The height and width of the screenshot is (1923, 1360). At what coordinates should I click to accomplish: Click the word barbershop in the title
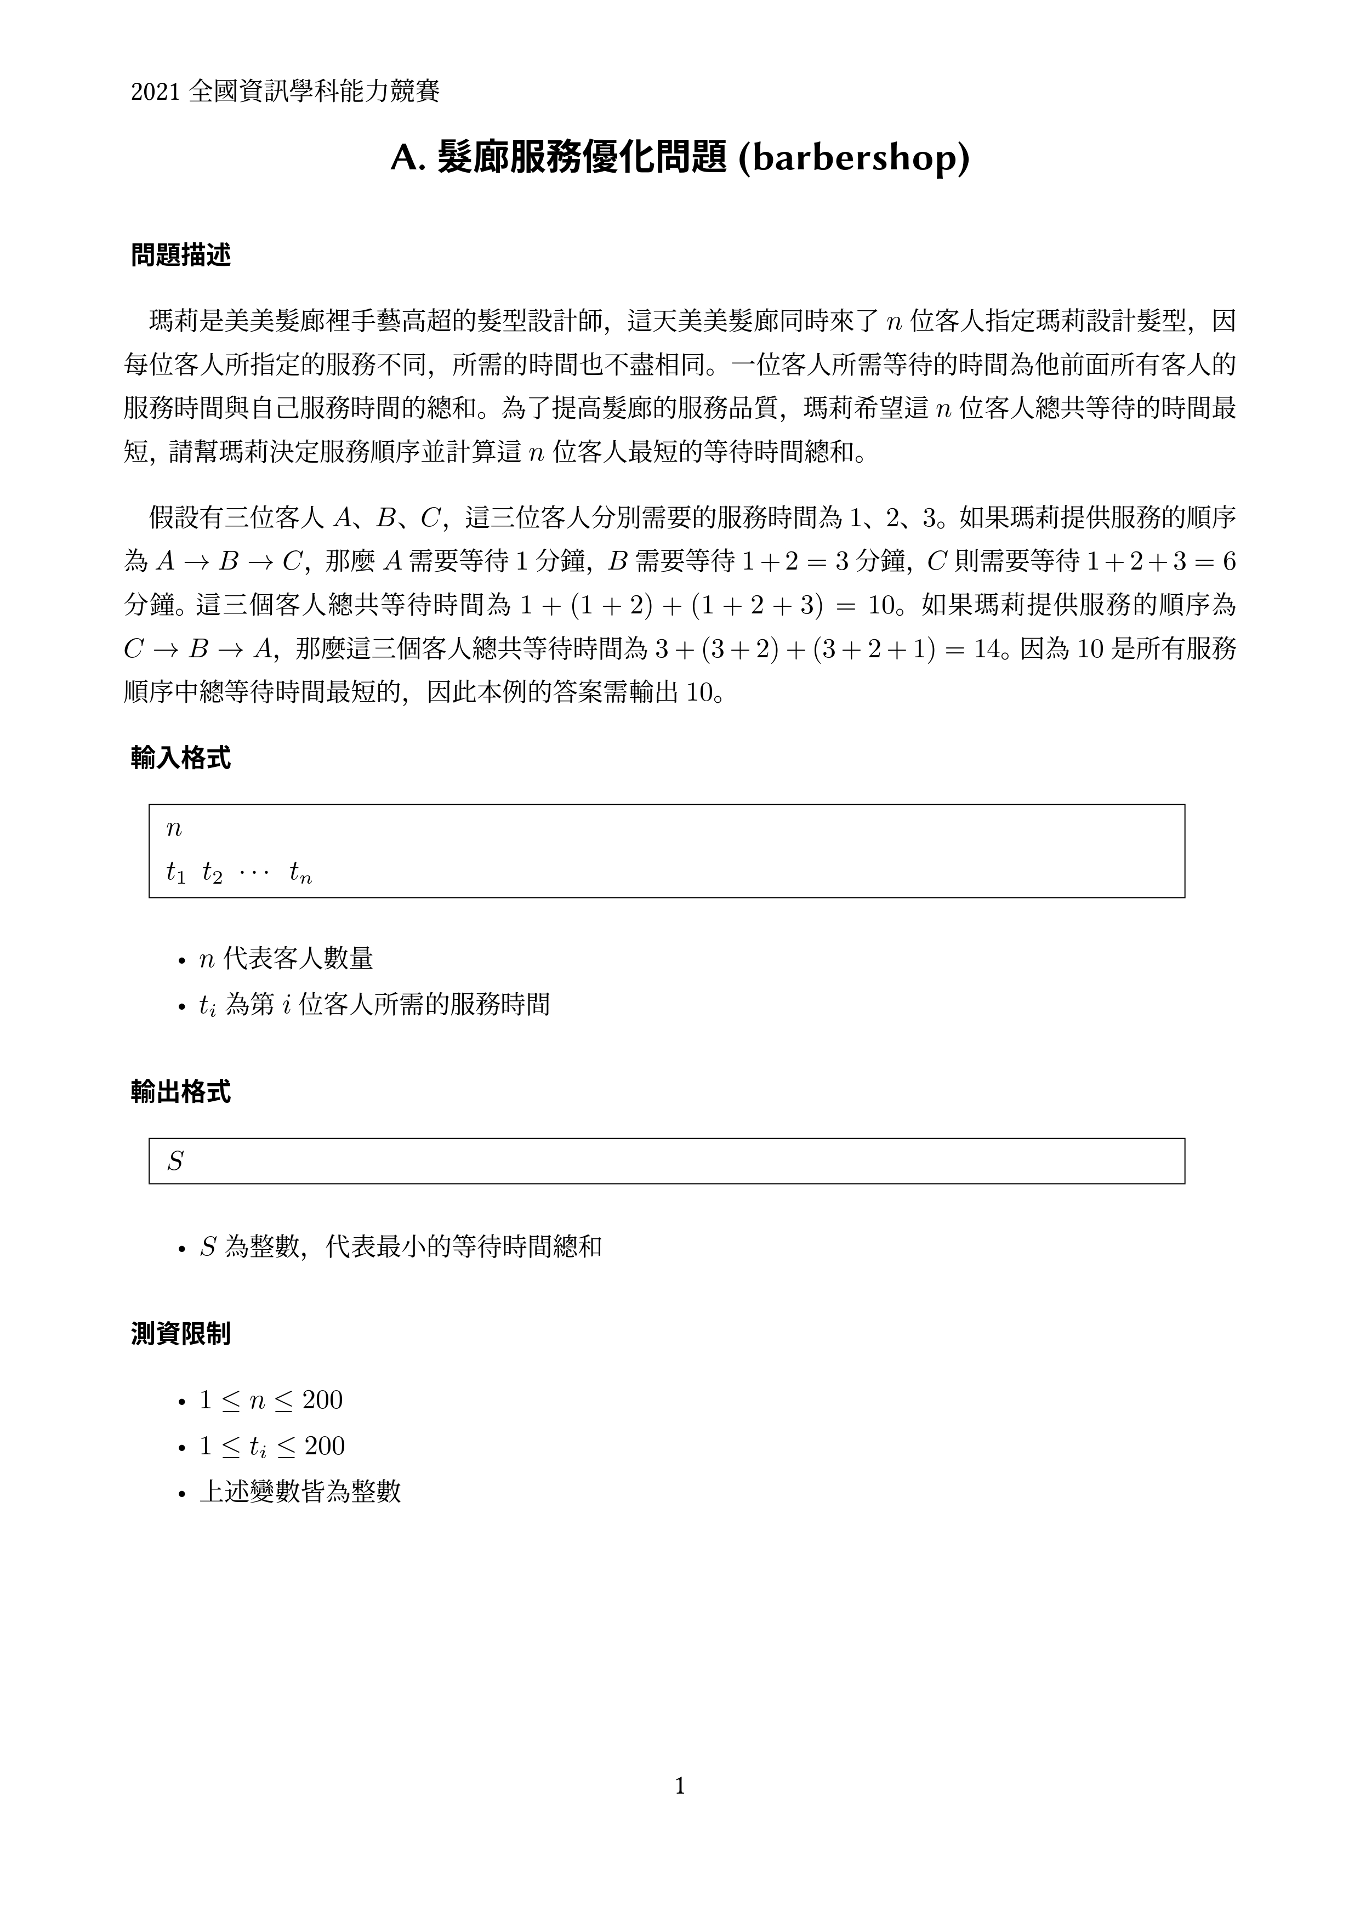854,159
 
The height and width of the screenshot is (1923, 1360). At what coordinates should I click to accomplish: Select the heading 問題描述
181,255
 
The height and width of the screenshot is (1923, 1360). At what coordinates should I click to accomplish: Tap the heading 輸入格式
181,759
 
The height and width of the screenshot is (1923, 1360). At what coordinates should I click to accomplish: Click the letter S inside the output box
175,1162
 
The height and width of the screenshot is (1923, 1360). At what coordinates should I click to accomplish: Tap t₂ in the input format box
212,874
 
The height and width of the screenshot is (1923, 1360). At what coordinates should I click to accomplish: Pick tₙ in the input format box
300,874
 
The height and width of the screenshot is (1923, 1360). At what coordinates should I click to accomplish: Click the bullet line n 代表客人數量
286,958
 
